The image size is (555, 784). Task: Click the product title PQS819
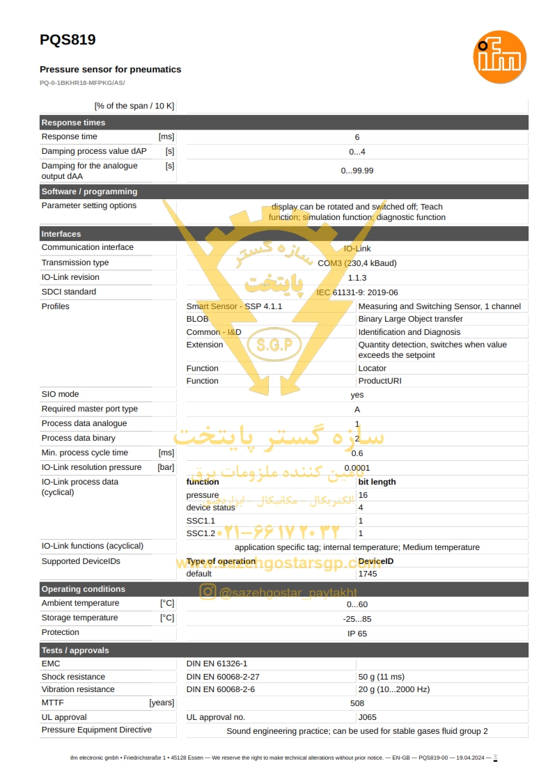(x=68, y=40)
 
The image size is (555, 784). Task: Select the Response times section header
(x=73, y=123)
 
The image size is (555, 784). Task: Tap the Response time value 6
(x=357, y=137)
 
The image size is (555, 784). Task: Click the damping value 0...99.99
(x=357, y=171)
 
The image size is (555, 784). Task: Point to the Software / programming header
(x=89, y=191)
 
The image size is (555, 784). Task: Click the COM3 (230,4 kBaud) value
(x=357, y=263)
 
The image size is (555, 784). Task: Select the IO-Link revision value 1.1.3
(x=357, y=278)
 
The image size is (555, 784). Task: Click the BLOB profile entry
(x=197, y=319)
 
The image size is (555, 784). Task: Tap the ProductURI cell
(x=380, y=381)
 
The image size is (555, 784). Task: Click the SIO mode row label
(x=60, y=394)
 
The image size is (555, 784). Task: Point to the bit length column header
(x=377, y=482)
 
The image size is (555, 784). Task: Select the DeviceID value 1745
(x=368, y=574)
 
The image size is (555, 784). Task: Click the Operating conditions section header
(x=84, y=589)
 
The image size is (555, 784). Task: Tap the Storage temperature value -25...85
(x=357, y=619)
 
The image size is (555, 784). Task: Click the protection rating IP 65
(x=357, y=634)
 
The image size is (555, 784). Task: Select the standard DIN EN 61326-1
(x=217, y=664)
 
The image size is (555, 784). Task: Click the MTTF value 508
(x=357, y=703)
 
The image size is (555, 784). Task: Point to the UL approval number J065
(x=367, y=717)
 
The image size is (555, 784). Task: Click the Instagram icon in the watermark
(x=208, y=592)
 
